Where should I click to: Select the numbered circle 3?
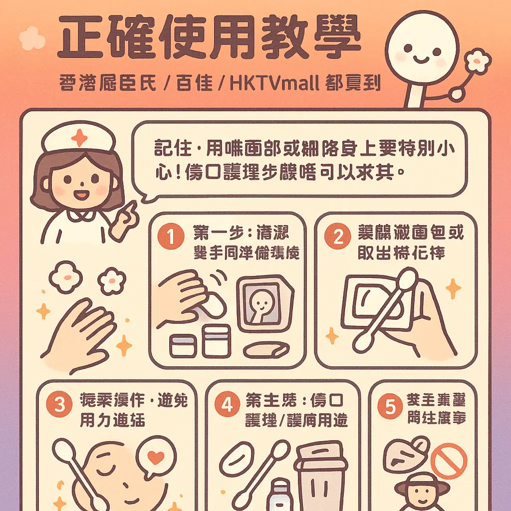click(x=59, y=405)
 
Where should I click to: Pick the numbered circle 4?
click(x=227, y=405)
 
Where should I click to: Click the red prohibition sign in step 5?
click(x=449, y=461)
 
